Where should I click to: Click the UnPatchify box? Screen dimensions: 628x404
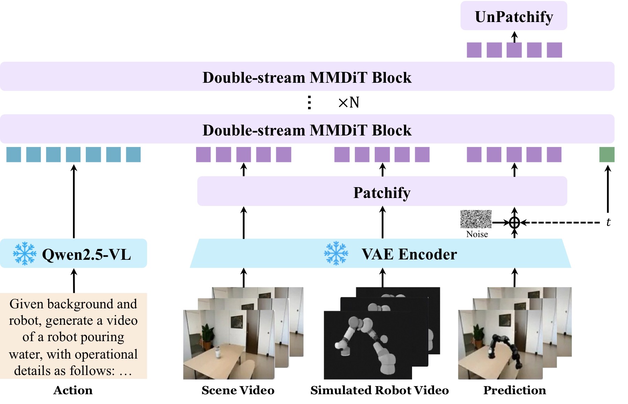click(514, 16)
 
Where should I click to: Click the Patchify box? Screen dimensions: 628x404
click(382, 191)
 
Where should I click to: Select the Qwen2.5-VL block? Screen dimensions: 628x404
click(73, 254)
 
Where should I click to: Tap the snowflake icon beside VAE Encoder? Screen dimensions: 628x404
click(336, 254)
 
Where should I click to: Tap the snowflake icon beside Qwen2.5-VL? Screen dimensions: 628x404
click(24, 254)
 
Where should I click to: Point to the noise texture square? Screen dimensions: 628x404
click(476, 219)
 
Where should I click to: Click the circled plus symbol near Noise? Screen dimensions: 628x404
click(515, 222)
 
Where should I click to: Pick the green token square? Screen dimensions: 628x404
click(607, 155)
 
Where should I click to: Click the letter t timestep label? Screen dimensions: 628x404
click(608, 222)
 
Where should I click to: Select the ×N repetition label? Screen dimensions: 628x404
click(349, 102)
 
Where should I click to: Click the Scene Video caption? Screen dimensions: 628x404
click(238, 390)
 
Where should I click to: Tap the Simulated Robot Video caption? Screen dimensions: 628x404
click(380, 390)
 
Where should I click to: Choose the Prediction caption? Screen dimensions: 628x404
click(515, 390)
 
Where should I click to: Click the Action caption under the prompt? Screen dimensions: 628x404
click(73, 390)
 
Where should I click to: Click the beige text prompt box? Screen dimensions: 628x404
click(73, 336)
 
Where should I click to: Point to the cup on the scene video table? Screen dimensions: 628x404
click(218, 352)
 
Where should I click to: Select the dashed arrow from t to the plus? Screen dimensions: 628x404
click(560, 222)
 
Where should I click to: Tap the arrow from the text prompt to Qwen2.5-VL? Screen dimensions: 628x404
click(74, 281)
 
